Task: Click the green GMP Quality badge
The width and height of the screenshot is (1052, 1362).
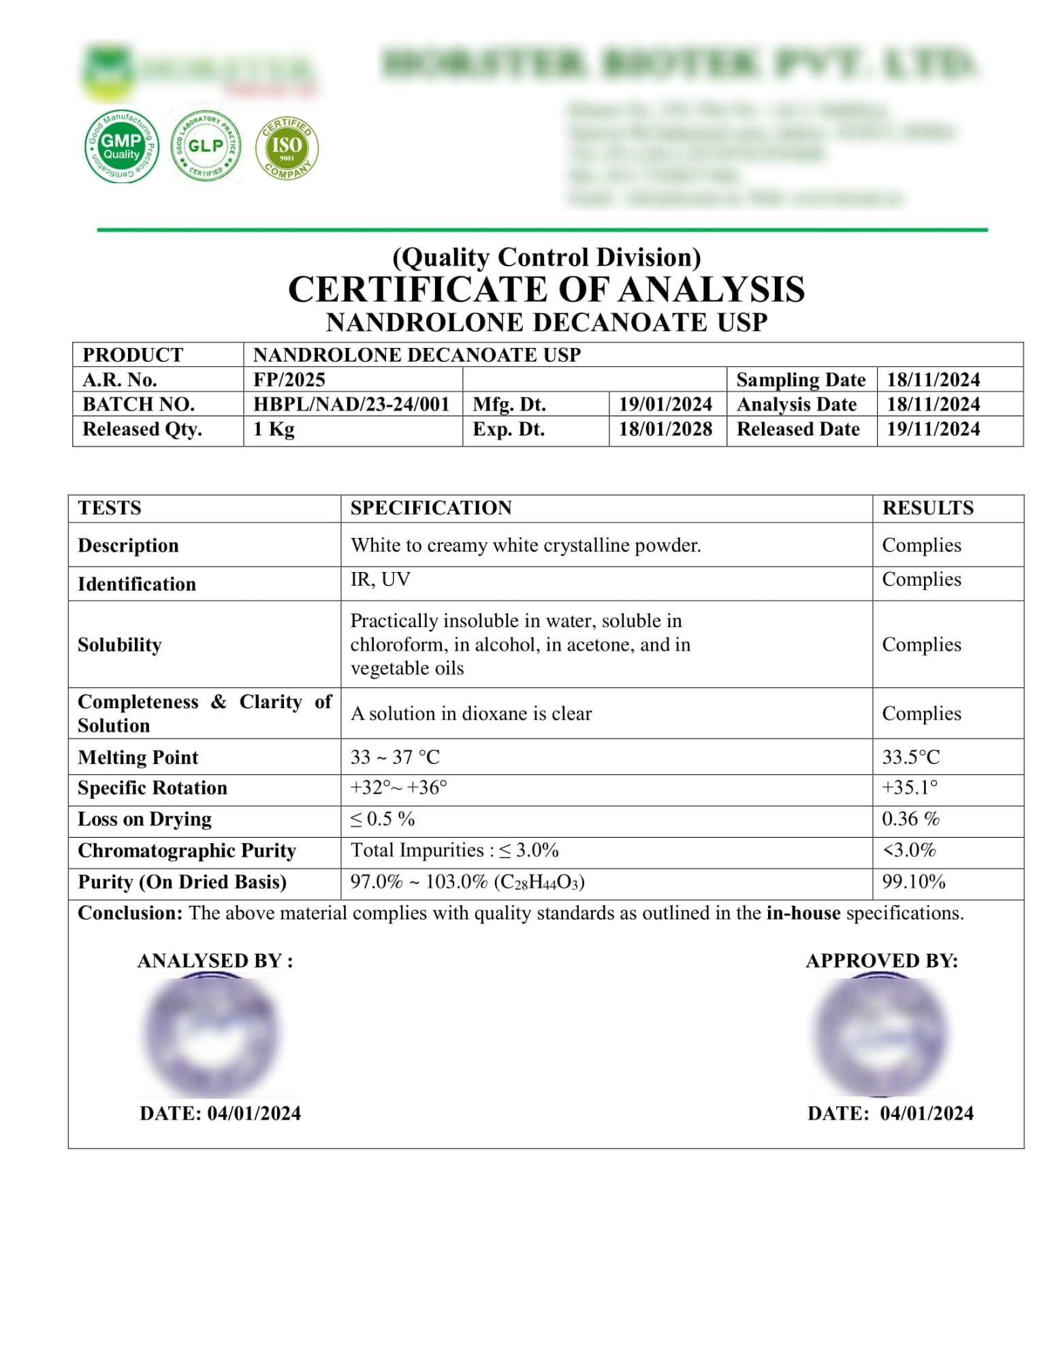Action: click(x=121, y=146)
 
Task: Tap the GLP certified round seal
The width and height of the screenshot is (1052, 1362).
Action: click(x=206, y=146)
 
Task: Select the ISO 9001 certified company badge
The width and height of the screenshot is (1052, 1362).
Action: click(x=287, y=147)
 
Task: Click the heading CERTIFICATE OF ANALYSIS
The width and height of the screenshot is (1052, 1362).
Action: click(x=546, y=289)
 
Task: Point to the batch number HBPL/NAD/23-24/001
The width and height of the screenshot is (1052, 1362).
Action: click(x=351, y=405)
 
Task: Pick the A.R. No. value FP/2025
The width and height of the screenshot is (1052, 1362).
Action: click(x=289, y=379)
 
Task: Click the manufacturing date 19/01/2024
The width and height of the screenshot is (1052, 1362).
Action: click(x=665, y=405)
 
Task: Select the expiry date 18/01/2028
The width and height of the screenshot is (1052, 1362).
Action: click(x=665, y=429)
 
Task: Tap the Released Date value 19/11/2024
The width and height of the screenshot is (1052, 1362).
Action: click(x=933, y=429)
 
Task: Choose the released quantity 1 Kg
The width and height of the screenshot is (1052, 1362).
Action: click(x=274, y=429)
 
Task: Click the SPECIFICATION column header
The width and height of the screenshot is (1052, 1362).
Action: click(x=431, y=508)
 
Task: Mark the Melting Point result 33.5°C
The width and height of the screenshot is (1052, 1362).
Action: click(x=910, y=757)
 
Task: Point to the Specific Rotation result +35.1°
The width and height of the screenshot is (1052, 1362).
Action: click(x=910, y=788)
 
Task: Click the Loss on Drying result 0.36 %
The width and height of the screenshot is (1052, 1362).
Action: click(x=910, y=819)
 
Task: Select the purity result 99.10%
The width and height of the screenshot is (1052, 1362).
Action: click(x=914, y=882)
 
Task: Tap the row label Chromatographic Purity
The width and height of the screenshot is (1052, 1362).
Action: click(x=187, y=851)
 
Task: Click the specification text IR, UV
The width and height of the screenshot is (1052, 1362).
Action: click(x=380, y=580)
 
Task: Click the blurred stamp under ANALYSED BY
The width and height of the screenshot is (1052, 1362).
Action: click(x=210, y=1035)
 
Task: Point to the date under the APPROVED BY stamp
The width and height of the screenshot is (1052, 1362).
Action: click(x=890, y=1113)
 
